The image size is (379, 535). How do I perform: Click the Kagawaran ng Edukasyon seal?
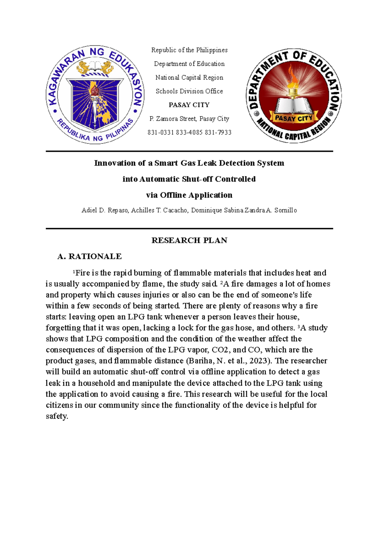pos(95,95)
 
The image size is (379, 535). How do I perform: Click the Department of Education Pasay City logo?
pos(293,96)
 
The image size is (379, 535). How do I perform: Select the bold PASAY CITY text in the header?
pos(189,105)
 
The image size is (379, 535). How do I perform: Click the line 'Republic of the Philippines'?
pos(189,50)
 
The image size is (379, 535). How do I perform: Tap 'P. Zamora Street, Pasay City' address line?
pos(189,119)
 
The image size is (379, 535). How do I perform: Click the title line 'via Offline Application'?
pos(189,195)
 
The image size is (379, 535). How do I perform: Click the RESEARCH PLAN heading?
pos(189,240)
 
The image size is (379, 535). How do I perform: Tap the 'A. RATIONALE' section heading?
pos(89,256)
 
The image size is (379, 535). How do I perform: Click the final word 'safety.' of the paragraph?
pos(57,416)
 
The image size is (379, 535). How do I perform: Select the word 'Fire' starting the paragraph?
pos(82,273)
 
